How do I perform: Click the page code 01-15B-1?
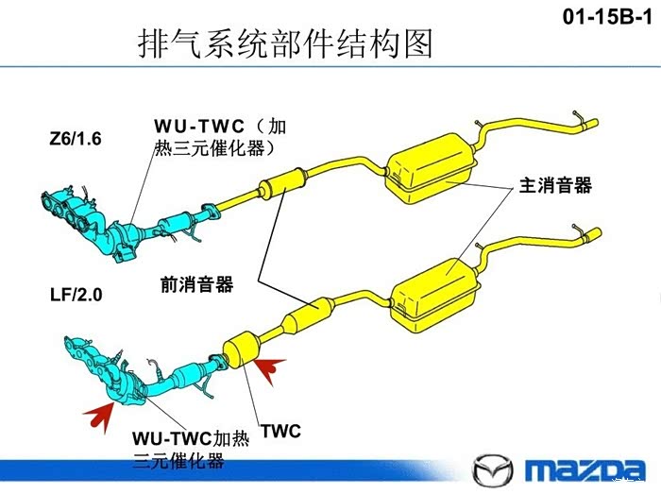pos(607,16)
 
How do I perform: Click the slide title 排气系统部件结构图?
pos(284,43)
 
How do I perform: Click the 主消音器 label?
pos(555,185)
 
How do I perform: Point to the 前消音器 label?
pos(197,283)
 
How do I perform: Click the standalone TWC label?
pos(280,432)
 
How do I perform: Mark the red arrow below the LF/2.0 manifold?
pos(99,409)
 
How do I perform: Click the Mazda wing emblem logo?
pos(492,469)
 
